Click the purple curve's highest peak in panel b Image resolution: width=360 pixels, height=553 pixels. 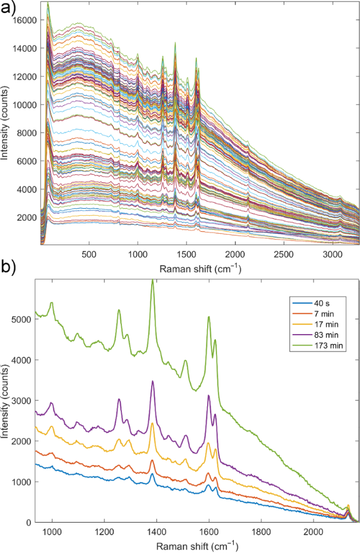point(153,381)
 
